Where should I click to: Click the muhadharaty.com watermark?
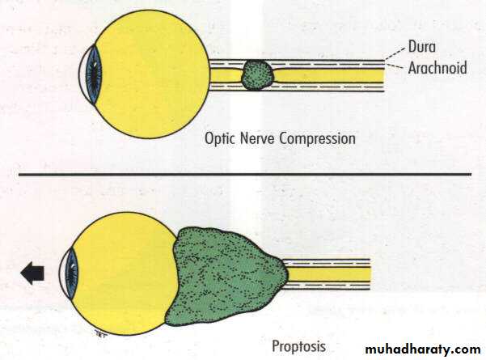click(420, 349)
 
